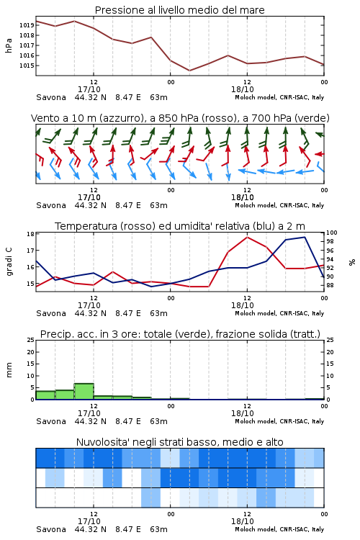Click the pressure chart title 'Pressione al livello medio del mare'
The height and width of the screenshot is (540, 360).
tap(179, 10)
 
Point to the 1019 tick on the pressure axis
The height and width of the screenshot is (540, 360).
tap(27, 25)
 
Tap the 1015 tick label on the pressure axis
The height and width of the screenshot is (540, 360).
tap(27, 66)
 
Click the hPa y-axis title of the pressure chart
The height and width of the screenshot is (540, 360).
tap(9, 45)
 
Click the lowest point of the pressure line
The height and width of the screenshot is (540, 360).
tap(189, 71)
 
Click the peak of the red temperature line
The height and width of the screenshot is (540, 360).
tap(247, 237)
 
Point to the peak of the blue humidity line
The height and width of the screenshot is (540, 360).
tap(305, 237)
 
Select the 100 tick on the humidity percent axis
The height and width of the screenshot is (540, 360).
tap(332, 233)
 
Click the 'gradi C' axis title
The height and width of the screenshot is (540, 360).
tap(9, 262)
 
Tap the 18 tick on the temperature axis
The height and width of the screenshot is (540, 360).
tap(30, 234)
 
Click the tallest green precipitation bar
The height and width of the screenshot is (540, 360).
tap(84, 391)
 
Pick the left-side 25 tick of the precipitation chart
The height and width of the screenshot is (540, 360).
tap(30, 340)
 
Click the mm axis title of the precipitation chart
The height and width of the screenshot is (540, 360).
tap(9, 370)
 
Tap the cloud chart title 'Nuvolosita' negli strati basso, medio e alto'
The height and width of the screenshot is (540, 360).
tap(179, 442)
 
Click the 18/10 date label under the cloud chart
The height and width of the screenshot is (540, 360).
tap(243, 521)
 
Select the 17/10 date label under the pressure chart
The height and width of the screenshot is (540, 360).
tap(89, 89)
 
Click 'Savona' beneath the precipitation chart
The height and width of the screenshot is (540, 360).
tap(51, 421)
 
